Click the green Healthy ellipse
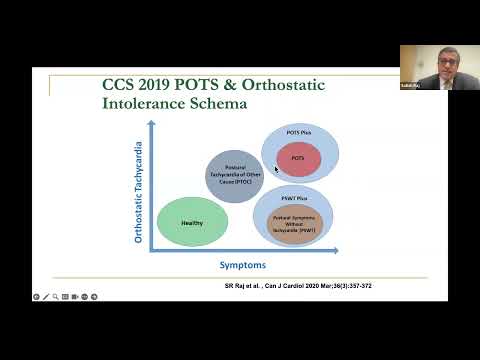pos(193,221)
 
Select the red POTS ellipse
pos(298,159)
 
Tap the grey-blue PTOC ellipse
pos(234,176)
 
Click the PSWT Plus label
pos(293,198)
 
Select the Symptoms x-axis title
pos(242,265)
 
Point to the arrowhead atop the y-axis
pos(151,124)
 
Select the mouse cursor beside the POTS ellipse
pos(276,169)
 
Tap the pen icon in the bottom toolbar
pos(46,297)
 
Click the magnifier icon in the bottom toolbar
pos(56,297)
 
